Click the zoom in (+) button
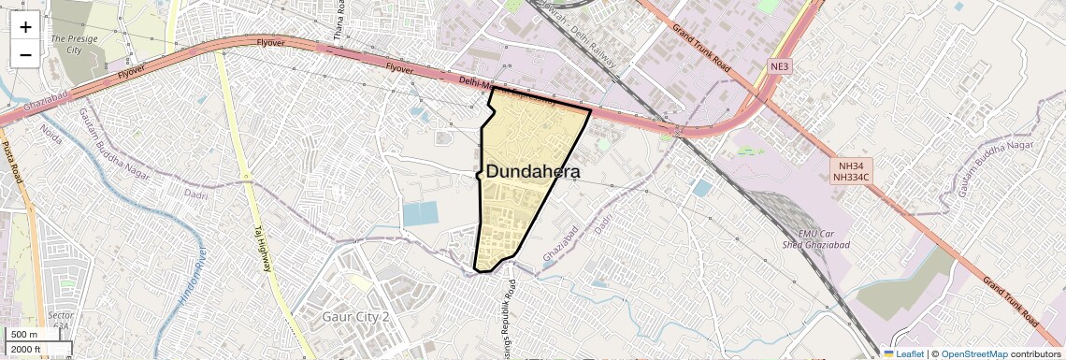[25, 27]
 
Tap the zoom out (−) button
[25, 54]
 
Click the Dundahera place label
[533, 172]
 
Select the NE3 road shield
[780, 66]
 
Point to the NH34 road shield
[851, 165]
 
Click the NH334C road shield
[851, 176]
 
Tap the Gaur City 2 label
[354, 317]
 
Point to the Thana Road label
[339, 21]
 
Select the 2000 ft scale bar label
[25, 350]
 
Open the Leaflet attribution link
[906, 353]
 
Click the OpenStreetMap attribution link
[973, 353]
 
